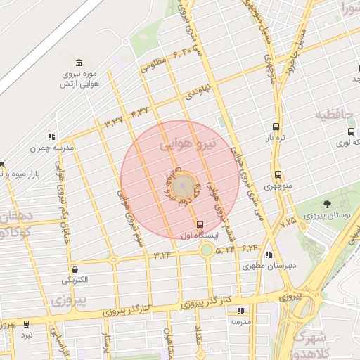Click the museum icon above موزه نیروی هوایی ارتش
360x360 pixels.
(x=78, y=62)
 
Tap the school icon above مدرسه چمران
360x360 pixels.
(x=51, y=136)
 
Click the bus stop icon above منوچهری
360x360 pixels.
(x=278, y=174)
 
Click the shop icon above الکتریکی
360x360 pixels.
(x=75, y=269)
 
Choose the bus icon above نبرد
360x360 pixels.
(x=27, y=324)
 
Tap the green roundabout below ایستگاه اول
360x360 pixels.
(x=206, y=250)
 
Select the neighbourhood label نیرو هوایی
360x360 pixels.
(x=185, y=146)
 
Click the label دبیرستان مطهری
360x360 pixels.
(x=266, y=266)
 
